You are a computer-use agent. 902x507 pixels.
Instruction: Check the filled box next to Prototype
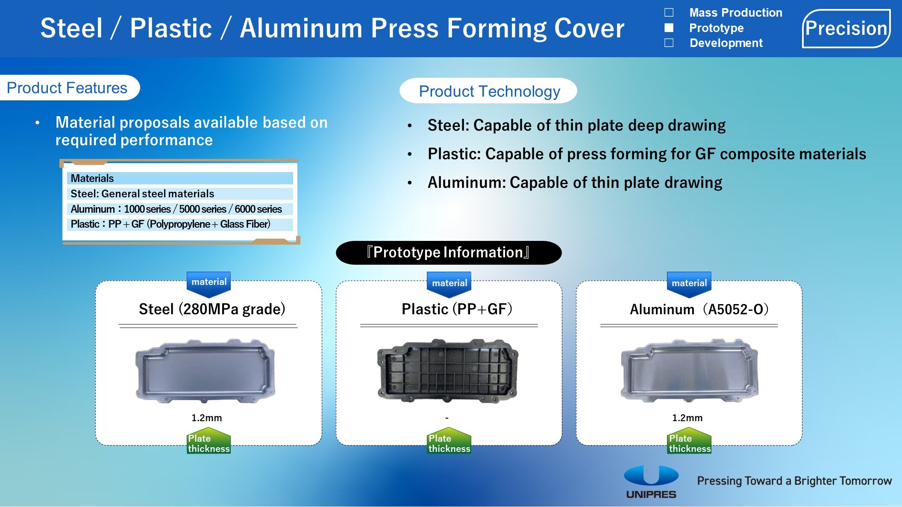(669, 28)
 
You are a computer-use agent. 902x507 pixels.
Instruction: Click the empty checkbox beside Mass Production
(669, 12)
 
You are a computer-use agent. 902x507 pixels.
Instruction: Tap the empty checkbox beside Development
(669, 43)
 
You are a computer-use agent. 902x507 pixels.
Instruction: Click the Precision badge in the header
(846, 29)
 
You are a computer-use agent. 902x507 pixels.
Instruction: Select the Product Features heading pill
(68, 88)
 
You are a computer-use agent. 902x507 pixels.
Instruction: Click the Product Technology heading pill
(488, 91)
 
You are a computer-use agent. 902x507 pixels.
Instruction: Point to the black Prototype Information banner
(449, 252)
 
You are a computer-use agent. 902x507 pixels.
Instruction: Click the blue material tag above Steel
(209, 284)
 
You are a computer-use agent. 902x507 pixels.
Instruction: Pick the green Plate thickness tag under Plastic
(450, 441)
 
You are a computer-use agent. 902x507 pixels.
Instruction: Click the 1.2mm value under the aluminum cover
(687, 418)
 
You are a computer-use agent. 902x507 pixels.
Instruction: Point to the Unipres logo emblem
(651, 475)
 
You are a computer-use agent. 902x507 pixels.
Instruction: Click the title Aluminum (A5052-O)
(699, 309)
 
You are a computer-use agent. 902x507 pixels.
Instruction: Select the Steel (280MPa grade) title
(212, 309)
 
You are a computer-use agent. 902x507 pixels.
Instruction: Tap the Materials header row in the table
(180, 178)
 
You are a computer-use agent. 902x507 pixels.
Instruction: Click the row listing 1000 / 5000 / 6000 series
(180, 209)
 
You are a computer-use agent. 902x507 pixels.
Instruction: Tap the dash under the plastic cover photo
(447, 418)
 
